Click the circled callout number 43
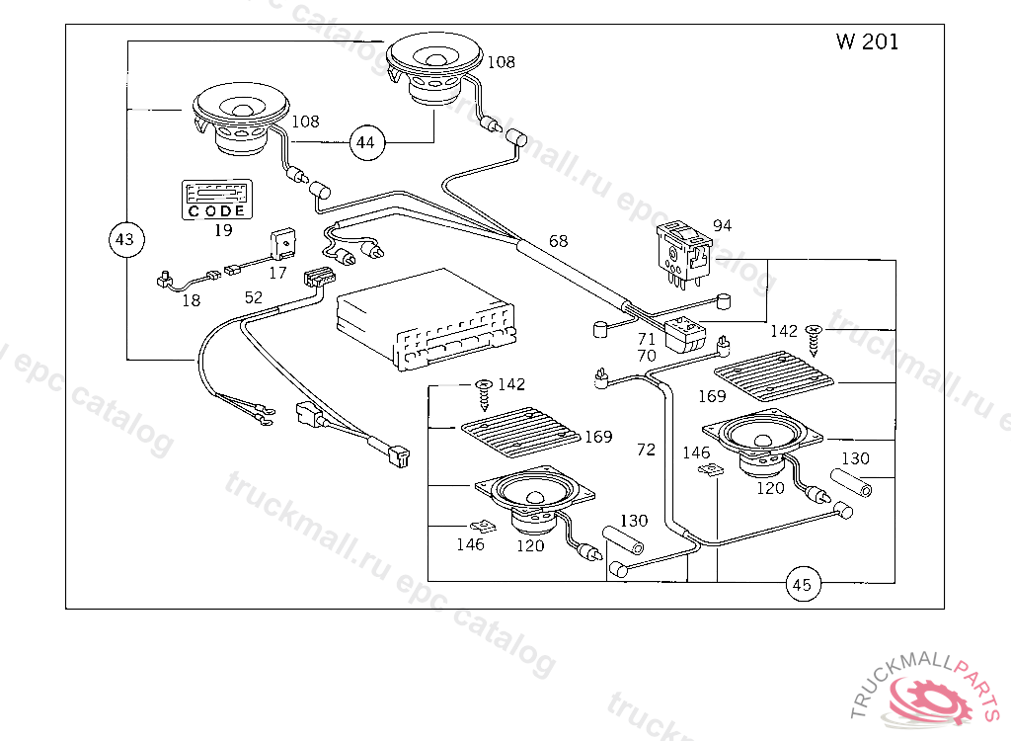click(x=124, y=239)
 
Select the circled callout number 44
click(x=365, y=143)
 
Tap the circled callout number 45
click(x=802, y=585)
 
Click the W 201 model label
click(x=867, y=42)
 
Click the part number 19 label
click(x=223, y=230)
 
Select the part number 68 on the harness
click(x=559, y=241)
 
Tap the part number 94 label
click(x=722, y=226)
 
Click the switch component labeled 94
click(x=683, y=253)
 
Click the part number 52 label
click(x=254, y=296)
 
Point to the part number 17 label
click(x=278, y=272)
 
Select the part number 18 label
click(x=191, y=300)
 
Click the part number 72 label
click(x=646, y=450)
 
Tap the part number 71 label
click(x=647, y=339)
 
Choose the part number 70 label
click(x=647, y=356)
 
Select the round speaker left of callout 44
click(x=240, y=120)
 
